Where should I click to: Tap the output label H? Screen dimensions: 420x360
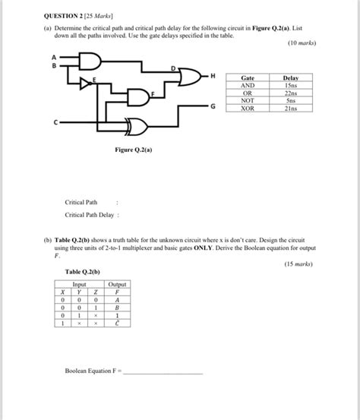[x=213, y=76]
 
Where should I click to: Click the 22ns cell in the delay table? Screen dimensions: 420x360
[x=291, y=92]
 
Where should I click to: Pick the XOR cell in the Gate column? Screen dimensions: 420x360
[x=248, y=108]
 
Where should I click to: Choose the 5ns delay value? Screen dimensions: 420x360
[x=291, y=100]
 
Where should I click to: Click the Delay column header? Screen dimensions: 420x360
[x=291, y=77]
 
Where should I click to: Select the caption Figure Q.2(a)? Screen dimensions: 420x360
[x=134, y=150]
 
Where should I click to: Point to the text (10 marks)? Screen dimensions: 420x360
[x=302, y=44]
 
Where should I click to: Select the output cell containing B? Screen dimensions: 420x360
[x=117, y=308]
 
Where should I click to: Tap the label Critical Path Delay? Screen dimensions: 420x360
[x=90, y=215]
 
